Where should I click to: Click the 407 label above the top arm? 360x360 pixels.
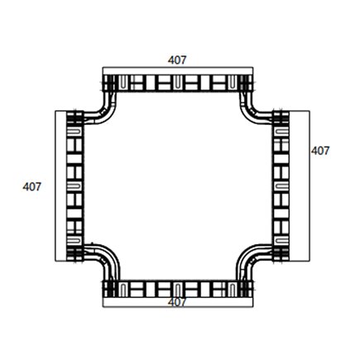coord(176,60)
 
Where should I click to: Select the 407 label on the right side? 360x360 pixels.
coord(320,151)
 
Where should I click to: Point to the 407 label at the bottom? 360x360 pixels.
coord(176,303)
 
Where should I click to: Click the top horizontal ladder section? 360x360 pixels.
coord(177,84)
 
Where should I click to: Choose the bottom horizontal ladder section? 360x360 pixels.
coord(177,289)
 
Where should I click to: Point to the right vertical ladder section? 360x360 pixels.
coord(281,185)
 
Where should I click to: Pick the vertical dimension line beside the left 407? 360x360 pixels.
coord(54,185)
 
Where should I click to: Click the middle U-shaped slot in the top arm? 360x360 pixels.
coord(178,82)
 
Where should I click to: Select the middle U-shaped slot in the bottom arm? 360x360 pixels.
coord(178,290)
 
